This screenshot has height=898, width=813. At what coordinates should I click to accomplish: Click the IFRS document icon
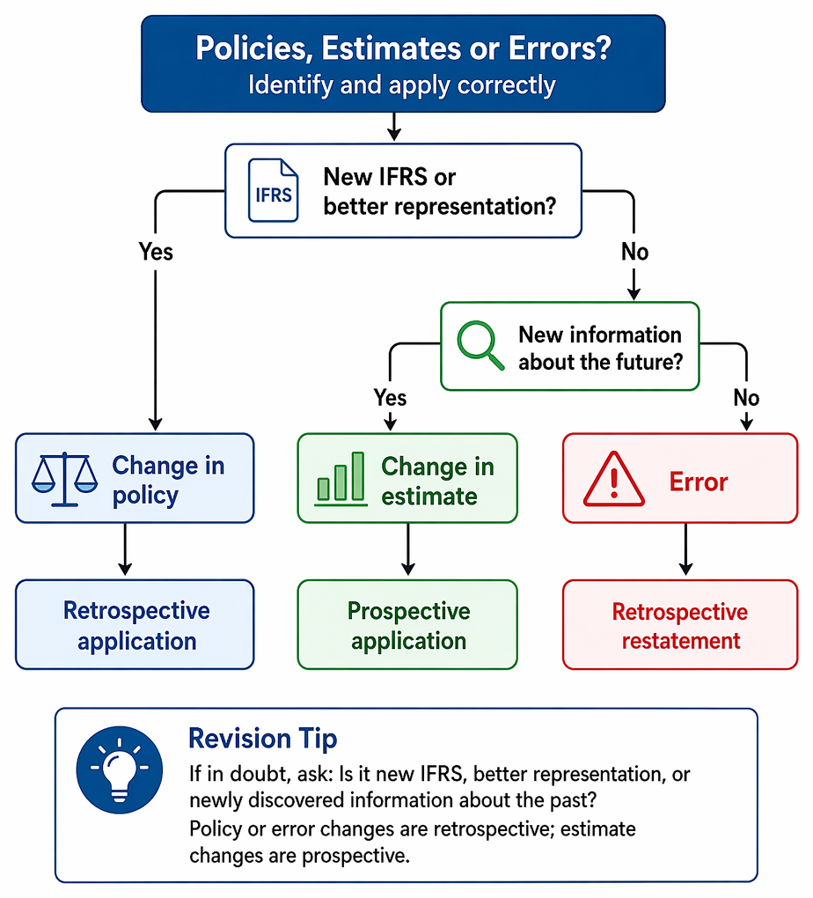click(x=273, y=190)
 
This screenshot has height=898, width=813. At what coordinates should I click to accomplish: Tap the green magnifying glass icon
click(x=480, y=345)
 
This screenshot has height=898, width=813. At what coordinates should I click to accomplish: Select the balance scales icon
click(x=65, y=480)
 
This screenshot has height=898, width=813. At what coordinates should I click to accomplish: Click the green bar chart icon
click(x=341, y=479)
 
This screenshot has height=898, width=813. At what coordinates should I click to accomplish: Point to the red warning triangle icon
click(x=614, y=479)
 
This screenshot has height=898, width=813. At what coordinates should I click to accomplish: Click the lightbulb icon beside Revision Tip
click(x=120, y=769)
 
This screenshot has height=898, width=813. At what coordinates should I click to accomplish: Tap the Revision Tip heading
click(x=263, y=739)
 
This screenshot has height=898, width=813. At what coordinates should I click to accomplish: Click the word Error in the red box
click(x=699, y=482)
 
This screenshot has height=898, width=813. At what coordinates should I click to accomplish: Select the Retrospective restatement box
click(x=680, y=624)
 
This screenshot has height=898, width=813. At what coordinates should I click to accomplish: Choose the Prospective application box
click(x=407, y=624)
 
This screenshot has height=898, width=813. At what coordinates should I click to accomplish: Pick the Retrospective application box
click(x=135, y=624)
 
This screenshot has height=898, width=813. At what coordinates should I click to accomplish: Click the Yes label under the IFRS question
click(x=156, y=252)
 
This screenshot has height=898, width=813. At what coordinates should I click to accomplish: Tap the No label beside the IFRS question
click(x=635, y=252)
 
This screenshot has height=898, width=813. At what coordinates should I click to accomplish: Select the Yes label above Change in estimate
click(x=390, y=397)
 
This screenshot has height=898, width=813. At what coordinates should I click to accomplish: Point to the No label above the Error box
click(x=747, y=397)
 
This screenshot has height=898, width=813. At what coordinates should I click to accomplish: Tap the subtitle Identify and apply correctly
click(x=402, y=85)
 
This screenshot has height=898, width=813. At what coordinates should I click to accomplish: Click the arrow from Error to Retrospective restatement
click(x=686, y=549)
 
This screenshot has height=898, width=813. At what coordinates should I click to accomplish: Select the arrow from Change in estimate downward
click(x=408, y=549)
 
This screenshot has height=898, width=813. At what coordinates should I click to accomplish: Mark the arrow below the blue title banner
click(x=394, y=127)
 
